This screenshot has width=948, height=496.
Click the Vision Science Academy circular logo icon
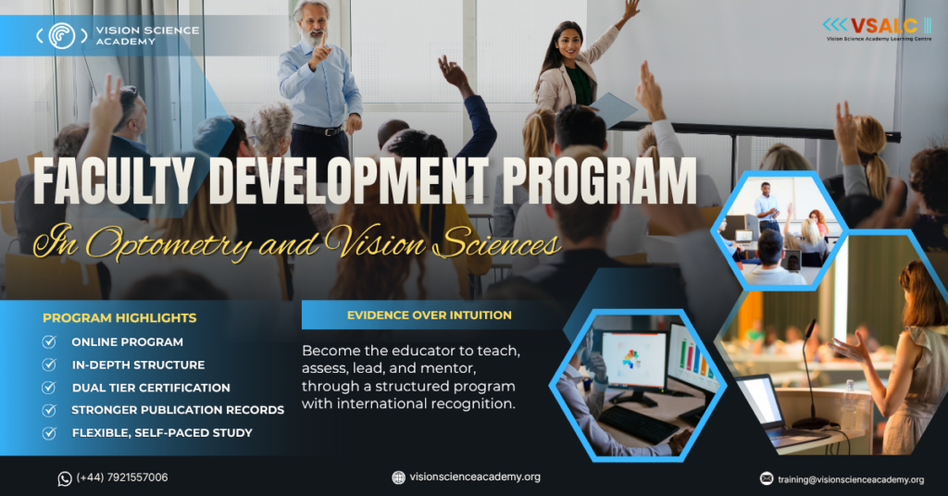click(62, 36)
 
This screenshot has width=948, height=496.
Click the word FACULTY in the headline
click(114, 180)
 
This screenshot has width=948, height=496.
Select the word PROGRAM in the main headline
click(599, 180)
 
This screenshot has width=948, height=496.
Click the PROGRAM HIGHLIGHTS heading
click(119, 317)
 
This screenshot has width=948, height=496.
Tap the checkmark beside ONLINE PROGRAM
click(49, 342)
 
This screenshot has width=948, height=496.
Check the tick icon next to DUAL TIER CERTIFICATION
click(49, 387)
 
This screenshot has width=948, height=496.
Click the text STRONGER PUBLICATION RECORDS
click(178, 410)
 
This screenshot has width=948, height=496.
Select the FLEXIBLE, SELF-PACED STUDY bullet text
click(162, 432)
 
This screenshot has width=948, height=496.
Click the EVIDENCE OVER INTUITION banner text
click(430, 315)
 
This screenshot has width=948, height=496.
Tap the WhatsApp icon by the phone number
click(65, 478)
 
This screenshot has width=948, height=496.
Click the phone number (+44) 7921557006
click(122, 477)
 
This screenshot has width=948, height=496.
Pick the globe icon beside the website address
click(398, 477)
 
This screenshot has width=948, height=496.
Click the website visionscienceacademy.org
click(475, 477)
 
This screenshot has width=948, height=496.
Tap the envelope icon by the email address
click(767, 478)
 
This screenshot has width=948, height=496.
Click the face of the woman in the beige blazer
click(567, 43)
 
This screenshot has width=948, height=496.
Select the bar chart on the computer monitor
click(694, 356)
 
